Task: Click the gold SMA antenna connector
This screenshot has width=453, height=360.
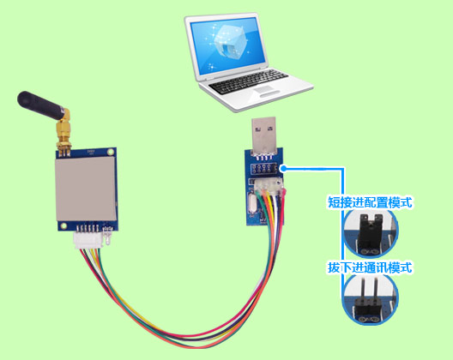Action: [63, 137]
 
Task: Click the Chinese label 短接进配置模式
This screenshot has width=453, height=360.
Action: [371, 203]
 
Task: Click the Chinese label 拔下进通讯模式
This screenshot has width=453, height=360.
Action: [371, 267]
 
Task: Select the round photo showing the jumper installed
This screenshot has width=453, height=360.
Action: [370, 233]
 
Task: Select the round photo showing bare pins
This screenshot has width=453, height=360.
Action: [370, 299]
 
